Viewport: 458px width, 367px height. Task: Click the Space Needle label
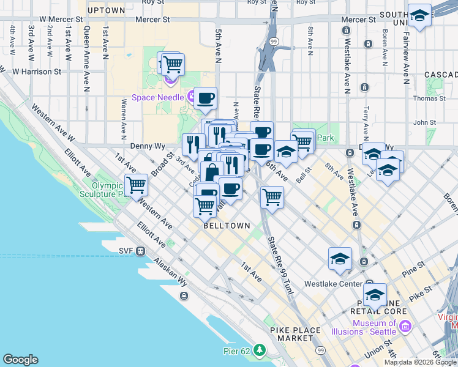157,97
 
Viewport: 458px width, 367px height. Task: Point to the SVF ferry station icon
140,250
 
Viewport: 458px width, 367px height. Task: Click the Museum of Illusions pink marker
404,327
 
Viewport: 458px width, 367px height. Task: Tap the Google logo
20,360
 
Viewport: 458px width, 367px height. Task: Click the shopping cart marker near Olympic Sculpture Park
136,184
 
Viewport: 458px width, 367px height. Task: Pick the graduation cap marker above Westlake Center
340,258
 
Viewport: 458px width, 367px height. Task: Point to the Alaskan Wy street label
171,269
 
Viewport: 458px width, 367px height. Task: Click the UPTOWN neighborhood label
106,10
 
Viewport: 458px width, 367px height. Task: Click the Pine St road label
413,268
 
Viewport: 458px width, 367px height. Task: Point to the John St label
424,122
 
